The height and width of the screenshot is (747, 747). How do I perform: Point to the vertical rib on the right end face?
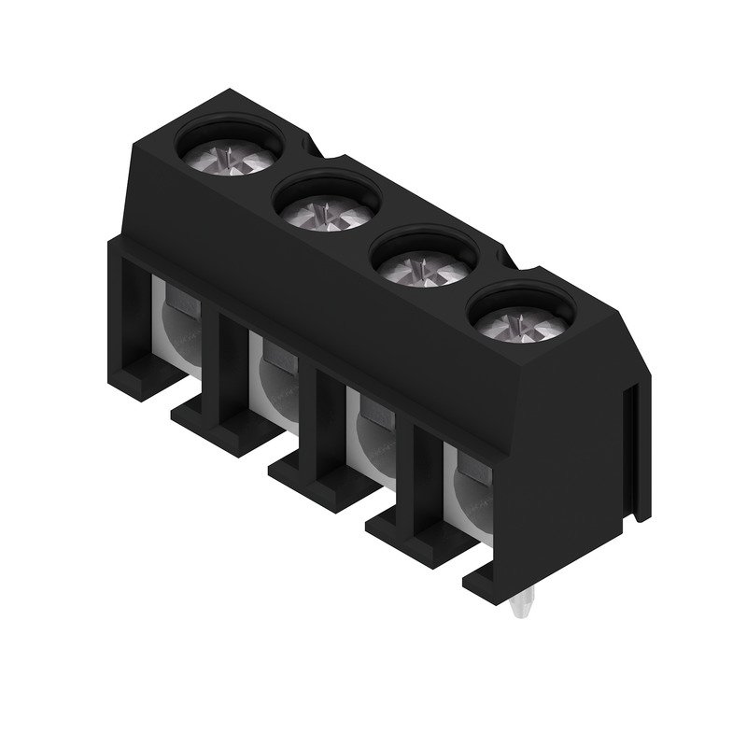(x=636, y=448)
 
